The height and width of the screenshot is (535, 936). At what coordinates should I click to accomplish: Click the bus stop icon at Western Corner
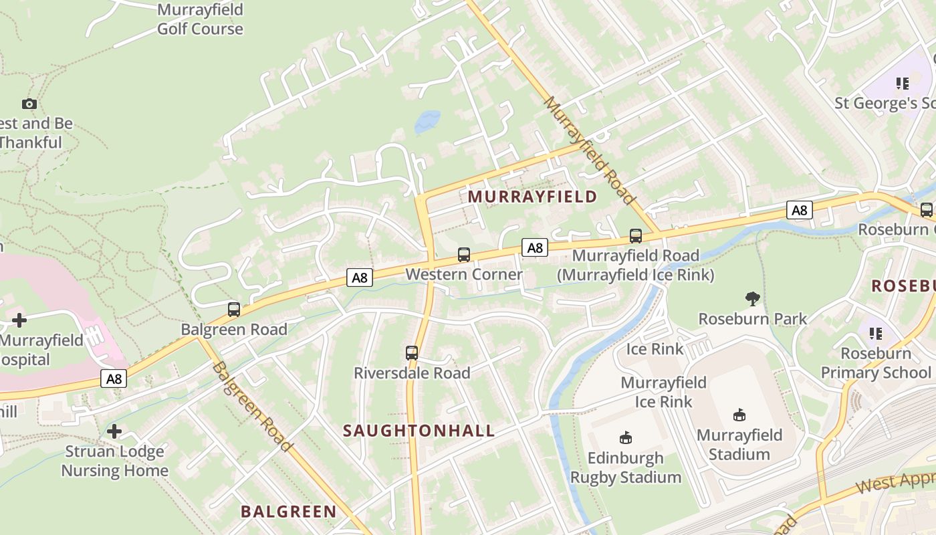click(x=464, y=254)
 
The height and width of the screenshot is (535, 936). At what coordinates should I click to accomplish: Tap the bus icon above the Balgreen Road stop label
click(x=234, y=310)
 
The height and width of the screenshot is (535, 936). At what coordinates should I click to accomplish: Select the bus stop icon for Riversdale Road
click(x=412, y=352)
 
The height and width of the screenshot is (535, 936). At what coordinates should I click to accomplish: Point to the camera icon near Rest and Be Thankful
click(x=29, y=104)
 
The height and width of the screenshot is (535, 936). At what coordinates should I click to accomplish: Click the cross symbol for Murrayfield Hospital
click(x=19, y=320)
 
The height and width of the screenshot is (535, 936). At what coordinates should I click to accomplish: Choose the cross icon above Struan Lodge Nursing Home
click(x=114, y=431)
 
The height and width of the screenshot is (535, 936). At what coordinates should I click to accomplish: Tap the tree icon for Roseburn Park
click(x=753, y=299)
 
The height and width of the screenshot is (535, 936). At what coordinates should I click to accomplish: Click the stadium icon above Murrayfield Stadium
click(x=739, y=415)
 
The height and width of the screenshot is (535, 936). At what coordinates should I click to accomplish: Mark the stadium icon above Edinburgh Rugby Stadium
click(x=626, y=438)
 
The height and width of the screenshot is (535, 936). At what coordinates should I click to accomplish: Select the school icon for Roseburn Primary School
click(x=876, y=333)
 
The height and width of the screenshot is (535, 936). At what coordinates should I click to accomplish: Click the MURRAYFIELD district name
click(x=532, y=197)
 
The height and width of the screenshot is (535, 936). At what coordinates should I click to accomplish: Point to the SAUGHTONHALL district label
click(x=419, y=431)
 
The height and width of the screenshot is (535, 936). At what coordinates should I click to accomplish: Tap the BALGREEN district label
click(x=289, y=512)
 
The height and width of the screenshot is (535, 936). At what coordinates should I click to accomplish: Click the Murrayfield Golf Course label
click(x=200, y=19)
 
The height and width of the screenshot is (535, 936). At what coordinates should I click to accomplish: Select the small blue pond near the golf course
click(x=427, y=122)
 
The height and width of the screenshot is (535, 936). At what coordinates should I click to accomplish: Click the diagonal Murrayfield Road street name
click(x=589, y=150)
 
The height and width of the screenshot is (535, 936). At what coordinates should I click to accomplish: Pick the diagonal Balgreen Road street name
click(x=252, y=406)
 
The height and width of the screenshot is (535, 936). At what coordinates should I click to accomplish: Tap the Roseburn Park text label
click(x=753, y=319)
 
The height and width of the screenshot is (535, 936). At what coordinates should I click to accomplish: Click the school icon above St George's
click(x=903, y=84)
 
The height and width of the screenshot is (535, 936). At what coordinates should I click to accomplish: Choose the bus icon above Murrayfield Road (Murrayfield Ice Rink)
click(x=636, y=235)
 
